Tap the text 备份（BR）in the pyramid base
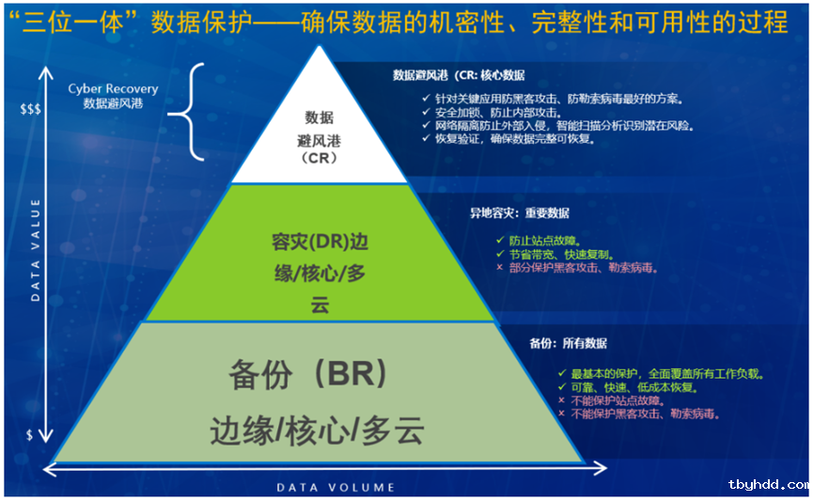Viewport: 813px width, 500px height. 309,373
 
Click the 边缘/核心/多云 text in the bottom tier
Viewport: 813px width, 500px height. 317,430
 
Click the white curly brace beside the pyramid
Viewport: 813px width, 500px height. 186,112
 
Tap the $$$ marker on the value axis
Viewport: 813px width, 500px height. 30,109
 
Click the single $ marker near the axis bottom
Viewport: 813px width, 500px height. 29,434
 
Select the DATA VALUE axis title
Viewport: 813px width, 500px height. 36,250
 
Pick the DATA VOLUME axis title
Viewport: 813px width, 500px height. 336,488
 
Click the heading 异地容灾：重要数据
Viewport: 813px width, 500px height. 520,213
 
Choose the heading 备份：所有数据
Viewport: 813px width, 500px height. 569,343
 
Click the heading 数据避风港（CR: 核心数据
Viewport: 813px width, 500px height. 459,76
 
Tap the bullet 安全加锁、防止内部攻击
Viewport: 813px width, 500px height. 498,113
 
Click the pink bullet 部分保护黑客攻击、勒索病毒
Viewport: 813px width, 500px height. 584,268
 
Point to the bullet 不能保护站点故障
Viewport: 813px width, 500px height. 618,401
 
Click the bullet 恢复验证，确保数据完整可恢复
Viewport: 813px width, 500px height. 515,139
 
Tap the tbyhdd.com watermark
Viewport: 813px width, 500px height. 769,484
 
